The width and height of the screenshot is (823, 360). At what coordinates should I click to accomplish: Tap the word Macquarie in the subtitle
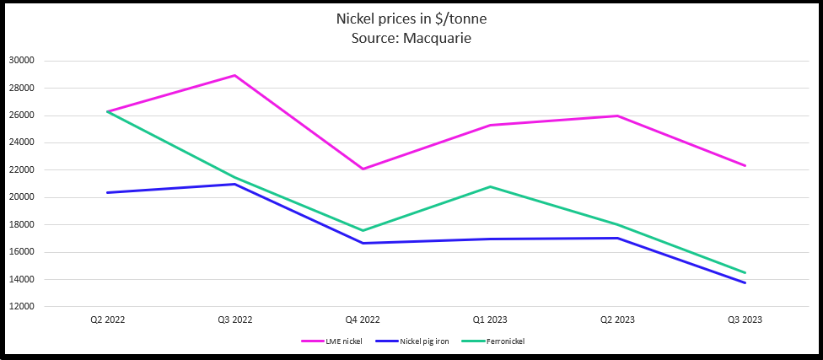coord(437,38)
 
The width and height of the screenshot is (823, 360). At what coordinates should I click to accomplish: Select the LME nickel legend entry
coord(327,341)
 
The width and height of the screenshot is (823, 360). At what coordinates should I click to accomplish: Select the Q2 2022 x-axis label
coord(108,320)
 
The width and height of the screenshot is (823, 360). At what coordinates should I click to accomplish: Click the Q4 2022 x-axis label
coord(363,320)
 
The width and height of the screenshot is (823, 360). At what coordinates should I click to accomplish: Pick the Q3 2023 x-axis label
coord(745,320)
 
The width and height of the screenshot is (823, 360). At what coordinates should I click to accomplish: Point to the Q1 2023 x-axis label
coord(491,320)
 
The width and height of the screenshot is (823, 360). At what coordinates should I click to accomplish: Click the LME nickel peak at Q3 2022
coord(235,75)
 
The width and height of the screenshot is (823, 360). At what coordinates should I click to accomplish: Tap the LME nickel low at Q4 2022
coord(363,169)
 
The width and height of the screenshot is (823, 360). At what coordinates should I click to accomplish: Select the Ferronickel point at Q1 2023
coord(491,186)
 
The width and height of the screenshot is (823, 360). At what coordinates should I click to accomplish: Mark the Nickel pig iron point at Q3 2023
coord(745,282)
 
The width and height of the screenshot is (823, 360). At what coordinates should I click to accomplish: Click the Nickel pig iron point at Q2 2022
coord(108,192)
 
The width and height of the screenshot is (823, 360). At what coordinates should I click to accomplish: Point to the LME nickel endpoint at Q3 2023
coord(745,166)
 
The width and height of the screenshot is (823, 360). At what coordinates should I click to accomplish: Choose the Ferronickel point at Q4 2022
coord(363,230)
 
